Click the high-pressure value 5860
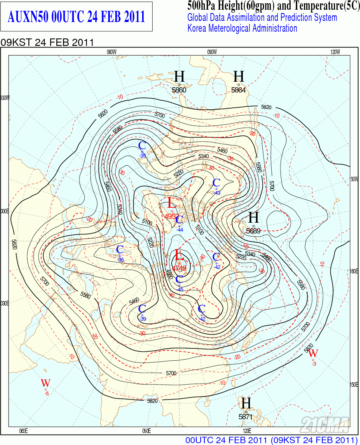(x=179, y=90)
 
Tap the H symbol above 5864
(x=239, y=76)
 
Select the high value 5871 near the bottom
(x=245, y=417)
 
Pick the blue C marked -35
(x=142, y=145)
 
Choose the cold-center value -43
(x=217, y=193)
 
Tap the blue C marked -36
(x=120, y=250)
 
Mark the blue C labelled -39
(x=142, y=309)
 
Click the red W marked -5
(x=46, y=383)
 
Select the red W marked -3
(x=313, y=353)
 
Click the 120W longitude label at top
(x=335, y=52)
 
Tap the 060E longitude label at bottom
(x=24, y=431)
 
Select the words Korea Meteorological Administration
(x=242, y=28)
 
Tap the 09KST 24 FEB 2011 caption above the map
(x=47, y=42)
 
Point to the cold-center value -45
(x=180, y=289)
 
